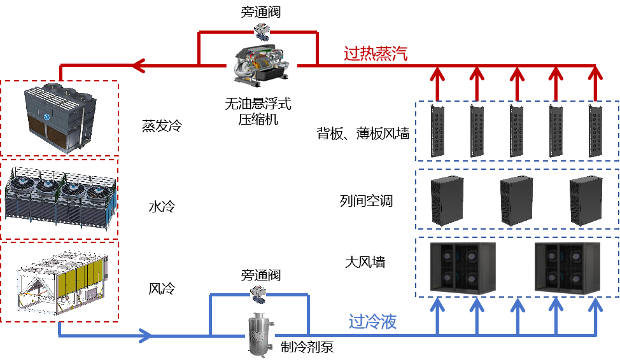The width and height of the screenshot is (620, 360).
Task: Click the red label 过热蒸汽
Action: pyautogui.click(x=376, y=54)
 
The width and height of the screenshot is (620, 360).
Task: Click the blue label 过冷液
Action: pyautogui.click(x=372, y=322)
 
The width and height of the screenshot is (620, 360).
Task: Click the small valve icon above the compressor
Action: pyautogui.click(x=262, y=29)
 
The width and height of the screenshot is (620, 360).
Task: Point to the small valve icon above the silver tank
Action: pyautogui.click(x=258, y=292)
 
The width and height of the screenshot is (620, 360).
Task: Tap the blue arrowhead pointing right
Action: pyautogui.click(x=145, y=335)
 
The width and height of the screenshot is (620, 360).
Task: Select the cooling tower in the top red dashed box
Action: pyautogui.click(x=60, y=118)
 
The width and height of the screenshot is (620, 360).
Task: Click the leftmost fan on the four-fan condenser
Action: pyautogui.click(x=20, y=186)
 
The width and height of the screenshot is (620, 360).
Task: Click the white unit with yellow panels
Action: pyautogui.click(x=61, y=283)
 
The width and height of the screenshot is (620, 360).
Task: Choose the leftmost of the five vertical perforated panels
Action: pyautogui.click(x=437, y=131)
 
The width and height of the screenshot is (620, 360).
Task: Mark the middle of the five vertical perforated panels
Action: pyautogui.click(x=516, y=131)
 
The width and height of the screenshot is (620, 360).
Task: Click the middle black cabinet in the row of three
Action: pyautogui.click(x=516, y=200)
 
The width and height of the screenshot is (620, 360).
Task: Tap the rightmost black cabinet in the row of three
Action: pyautogui.click(x=586, y=200)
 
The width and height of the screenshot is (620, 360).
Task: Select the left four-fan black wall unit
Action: pyautogui.click(x=463, y=268)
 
